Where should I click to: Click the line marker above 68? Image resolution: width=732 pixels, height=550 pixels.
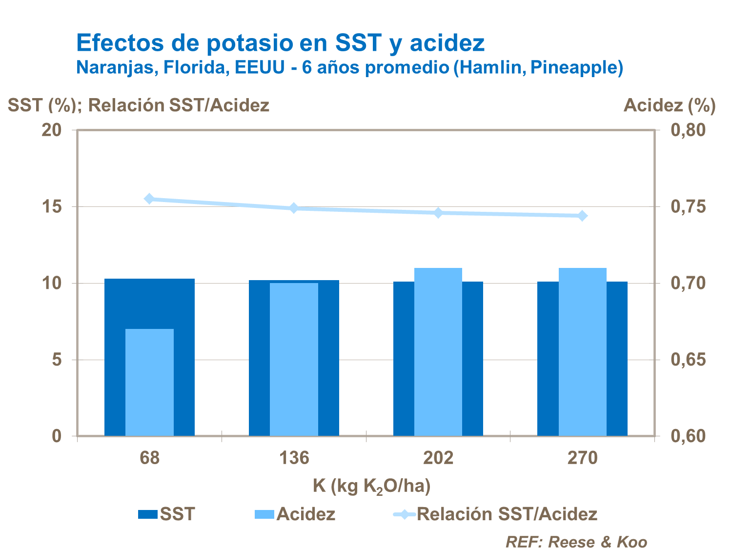click(149, 199)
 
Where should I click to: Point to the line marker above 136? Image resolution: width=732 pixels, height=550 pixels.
click(294, 208)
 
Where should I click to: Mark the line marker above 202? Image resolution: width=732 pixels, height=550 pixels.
click(438, 213)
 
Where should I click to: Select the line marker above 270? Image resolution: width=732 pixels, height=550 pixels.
click(582, 216)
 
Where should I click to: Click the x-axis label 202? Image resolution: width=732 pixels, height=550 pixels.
click(438, 458)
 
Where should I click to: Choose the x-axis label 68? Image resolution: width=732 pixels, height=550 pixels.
click(149, 458)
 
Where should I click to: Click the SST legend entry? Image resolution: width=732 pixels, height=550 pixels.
click(166, 514)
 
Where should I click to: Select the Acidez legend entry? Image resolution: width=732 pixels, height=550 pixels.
click(295, 514)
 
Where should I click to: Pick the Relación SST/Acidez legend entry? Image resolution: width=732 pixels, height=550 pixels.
click(495, 514)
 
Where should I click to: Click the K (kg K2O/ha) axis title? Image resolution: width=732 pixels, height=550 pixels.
click(371, 486)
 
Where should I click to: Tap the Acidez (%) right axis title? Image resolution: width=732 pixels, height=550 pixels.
click(670, 105)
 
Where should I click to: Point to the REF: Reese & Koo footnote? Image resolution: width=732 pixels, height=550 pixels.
click(576, 542)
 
